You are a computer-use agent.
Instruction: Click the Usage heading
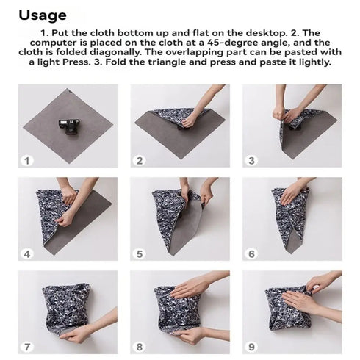click(42, 15)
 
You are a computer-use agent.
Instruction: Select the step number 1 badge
click(27, 160)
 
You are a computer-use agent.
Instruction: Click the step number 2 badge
click(140, 160)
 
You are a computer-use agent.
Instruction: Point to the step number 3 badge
click(251, 160)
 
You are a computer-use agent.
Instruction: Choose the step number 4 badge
click(27, 253)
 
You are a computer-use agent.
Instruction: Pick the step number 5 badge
click(140, 253)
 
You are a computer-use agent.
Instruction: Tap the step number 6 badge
click(251, 253)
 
